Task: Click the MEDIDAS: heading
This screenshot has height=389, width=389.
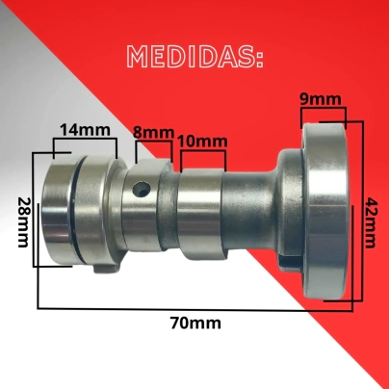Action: point(195,57)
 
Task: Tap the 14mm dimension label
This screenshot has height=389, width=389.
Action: point(86,130)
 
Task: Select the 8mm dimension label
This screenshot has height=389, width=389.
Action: point(154,133)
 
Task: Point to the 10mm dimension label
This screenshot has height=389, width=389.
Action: point(203,142)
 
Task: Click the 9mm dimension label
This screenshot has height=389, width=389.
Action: point(321,99)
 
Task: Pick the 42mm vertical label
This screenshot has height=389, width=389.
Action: point(371,223)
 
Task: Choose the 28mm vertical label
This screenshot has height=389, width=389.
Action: point(23,222)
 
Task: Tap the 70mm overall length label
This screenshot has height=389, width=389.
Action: point(195,324)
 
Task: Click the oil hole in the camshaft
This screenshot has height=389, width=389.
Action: point(143,189)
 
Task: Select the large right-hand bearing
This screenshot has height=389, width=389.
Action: point(324,211)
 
